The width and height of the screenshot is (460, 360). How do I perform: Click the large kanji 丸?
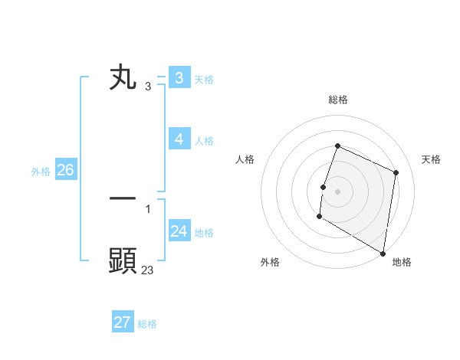click(x=123, y=78)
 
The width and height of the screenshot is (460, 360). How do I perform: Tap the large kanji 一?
click(x=123, y=198)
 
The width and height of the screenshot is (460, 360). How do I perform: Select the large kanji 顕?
click(x=123, y=260)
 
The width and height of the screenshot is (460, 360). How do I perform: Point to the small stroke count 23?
click(x=147, y=270)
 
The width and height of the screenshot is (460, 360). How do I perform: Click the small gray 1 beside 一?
click(x=147, y=208)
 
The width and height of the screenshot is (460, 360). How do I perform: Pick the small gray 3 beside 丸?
click(x=147, y=87)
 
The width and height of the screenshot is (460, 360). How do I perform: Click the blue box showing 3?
click(x=179, y=78)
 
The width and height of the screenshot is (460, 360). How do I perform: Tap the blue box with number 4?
click(x=179, y=139)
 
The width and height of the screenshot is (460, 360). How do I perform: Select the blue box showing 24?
click(x=179, y=231)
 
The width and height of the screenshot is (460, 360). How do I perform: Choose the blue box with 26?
click(x=65, y=170)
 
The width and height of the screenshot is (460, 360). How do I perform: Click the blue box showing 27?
click(x=123, y=322)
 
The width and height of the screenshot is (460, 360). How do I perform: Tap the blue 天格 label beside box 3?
click(x=204, y=79)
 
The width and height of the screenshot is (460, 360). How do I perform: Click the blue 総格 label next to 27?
click(x=147, y=323)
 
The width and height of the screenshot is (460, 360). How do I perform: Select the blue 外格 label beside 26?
click(x=41, y=172)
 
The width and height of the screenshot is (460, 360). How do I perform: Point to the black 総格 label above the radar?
click(x=337, y=100)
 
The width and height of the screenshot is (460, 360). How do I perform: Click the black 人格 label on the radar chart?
click(x=245, y=159)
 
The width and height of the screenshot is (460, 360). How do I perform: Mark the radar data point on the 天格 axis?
click(x=396, y=172)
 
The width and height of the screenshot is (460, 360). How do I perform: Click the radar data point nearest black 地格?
click(x=383, y=253)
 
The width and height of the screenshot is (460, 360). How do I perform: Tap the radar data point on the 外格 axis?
click(x=319, y=217)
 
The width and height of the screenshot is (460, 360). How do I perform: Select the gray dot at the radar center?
click(x=337, y=191)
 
